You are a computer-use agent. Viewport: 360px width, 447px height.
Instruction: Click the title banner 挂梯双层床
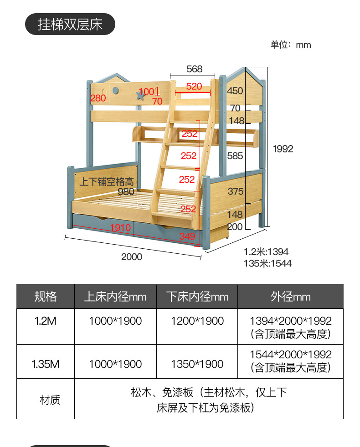[x=70, y=24]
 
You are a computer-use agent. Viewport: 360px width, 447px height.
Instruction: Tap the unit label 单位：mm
[x=290, y=45]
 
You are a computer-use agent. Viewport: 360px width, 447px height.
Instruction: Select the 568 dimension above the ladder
[x=194, y=69]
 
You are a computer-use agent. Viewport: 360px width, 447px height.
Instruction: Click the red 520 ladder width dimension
[x=194, y=86]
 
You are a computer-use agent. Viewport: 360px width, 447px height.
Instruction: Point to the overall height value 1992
[x=283, y=149]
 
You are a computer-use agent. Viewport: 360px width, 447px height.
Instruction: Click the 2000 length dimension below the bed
[x=132, y=256]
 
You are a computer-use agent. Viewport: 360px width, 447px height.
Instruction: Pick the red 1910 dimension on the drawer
[x=120, y=228]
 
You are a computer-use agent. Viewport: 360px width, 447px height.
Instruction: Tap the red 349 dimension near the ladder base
[x=187, y=236]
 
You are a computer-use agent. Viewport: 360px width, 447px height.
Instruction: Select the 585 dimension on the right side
[x=235, y=156]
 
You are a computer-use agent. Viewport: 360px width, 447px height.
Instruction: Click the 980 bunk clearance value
[x=126, y=191]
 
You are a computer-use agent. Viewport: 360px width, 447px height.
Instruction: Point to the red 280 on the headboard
[x=98, y=98]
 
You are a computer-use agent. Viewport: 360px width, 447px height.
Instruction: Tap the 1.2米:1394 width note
[x=266, y=252]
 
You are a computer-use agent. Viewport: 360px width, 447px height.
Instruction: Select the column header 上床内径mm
[x=115, y=297]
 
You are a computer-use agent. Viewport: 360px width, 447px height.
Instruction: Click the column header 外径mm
[x=290, y=297]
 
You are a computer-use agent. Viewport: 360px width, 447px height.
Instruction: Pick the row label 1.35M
[x=46, y=364]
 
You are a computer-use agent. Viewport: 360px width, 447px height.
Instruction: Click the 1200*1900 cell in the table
[x=197, y=321]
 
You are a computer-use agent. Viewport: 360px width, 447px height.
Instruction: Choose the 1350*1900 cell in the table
[x=197, y=364]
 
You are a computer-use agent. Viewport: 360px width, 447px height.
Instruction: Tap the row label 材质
[x=50, y=400]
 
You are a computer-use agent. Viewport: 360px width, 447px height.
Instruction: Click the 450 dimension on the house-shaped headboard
[x=235, y=91]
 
